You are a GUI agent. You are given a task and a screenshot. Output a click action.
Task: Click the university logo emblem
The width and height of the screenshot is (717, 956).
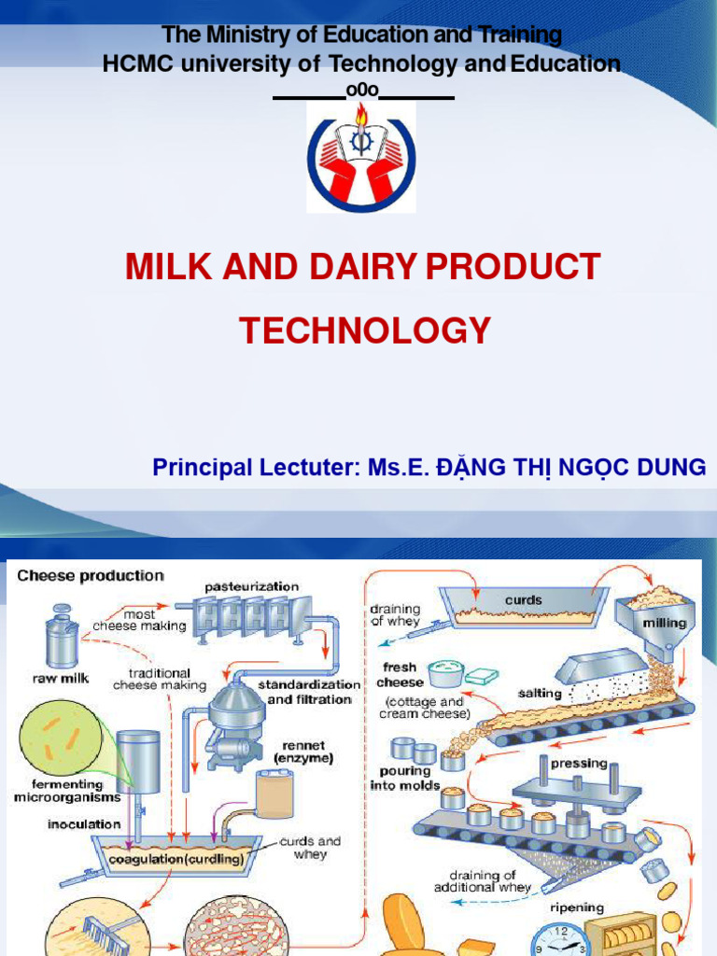[x=360, y=157]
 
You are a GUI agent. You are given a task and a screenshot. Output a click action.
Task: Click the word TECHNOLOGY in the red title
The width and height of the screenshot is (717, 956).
[x=365, y=330]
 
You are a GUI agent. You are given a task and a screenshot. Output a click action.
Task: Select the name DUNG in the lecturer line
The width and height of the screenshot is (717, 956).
[x=669, y=468]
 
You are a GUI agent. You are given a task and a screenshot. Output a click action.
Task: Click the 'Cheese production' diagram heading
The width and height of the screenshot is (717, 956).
[x=91, y=576]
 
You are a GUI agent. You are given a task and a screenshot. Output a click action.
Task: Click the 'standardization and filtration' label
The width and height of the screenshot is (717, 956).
[x=309, y=692]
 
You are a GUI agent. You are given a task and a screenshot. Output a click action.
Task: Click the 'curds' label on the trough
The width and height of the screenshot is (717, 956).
[x=523, y=599]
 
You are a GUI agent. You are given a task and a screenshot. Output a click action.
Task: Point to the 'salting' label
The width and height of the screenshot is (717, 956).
[x=540, y=694]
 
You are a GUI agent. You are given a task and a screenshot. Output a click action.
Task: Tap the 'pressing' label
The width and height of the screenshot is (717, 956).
[x=580, y=763]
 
